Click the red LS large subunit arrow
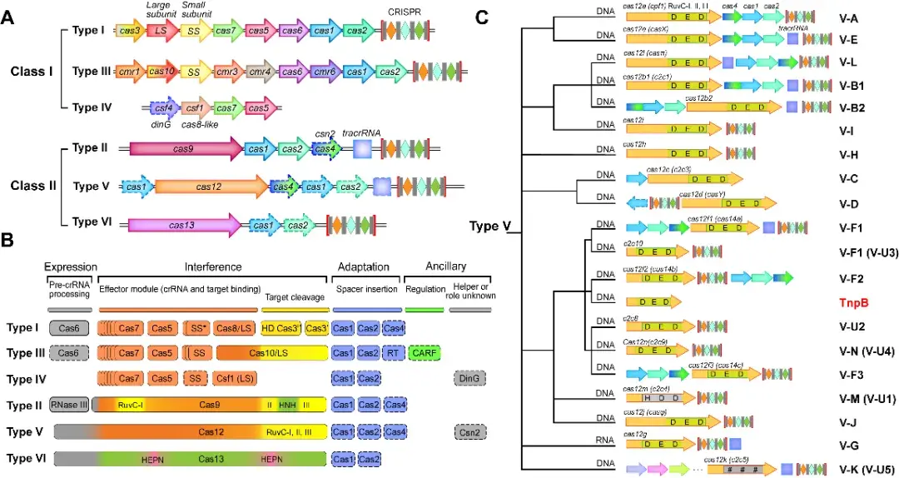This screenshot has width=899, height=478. pos(161,31)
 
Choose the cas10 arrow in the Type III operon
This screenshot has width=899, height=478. pos(161,72)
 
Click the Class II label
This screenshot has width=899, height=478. pos(33,185)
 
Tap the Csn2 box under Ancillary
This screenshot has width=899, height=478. pos(470,431)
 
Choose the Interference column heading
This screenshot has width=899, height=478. pos(213,266)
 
